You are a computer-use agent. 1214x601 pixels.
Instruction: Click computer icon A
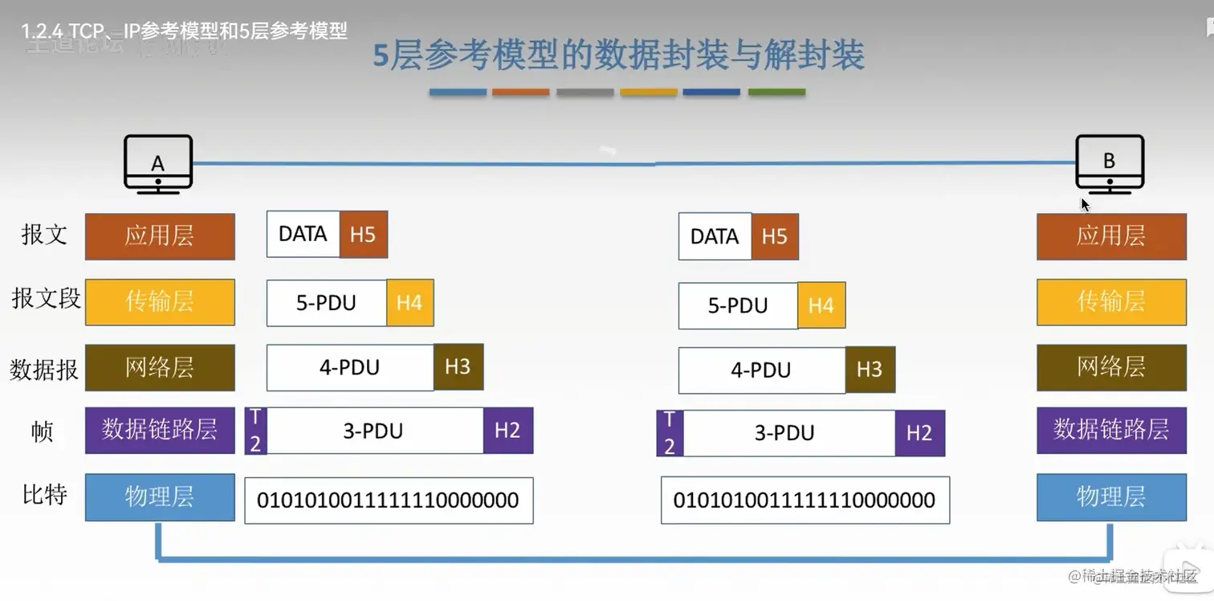[x=158, y=162]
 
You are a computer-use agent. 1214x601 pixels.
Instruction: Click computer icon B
[x=1110, y=162]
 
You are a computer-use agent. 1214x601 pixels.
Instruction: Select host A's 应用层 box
[x=160, y=236]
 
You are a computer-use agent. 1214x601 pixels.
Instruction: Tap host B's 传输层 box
[x=1111, y=301]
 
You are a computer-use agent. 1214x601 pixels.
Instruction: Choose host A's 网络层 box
[x=160, y=367]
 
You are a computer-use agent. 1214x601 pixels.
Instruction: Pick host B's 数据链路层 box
[x=1111, y=430]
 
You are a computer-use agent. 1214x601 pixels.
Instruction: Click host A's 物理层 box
[x=160, y=497]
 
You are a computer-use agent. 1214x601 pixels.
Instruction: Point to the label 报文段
[x=46, y=299]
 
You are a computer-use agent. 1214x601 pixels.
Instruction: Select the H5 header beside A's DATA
[x=363, y=235]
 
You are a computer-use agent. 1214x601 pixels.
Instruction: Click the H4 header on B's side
[x=821, y=305]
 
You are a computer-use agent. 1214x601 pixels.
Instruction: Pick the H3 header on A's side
[x=458, y=367]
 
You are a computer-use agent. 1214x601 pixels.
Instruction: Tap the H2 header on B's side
[x=919, y=433]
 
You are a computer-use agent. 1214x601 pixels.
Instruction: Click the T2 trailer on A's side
[x=255, y=431]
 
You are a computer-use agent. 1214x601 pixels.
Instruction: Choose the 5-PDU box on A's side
[x=326, y=303]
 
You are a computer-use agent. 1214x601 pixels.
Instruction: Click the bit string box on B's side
[x=805, y=501]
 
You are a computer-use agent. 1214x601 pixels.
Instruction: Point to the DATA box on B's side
[x=715, y=236]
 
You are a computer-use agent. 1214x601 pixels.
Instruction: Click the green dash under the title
[x=776, y=92]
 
